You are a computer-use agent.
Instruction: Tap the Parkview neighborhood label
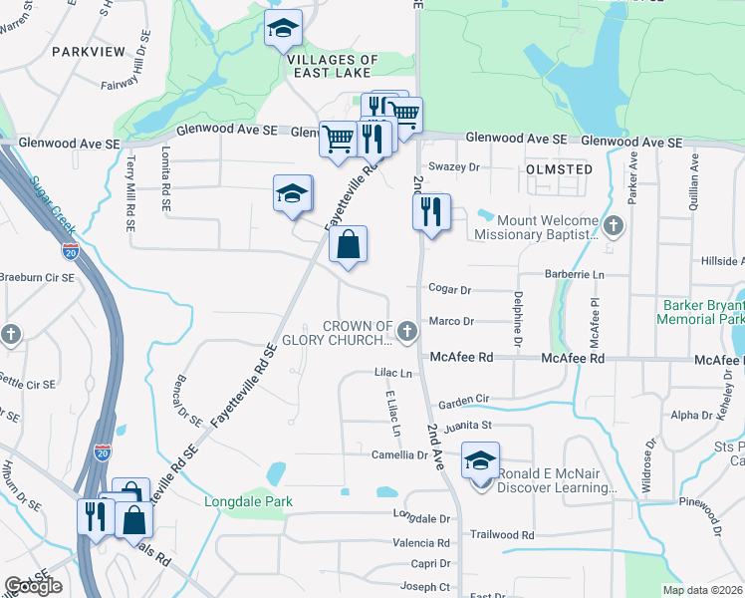(x=87, y=50)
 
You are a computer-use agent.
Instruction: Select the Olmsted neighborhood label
(x=558, y=169)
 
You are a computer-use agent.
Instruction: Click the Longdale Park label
(x=248, y=501)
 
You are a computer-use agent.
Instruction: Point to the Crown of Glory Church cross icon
(x=406, y=330)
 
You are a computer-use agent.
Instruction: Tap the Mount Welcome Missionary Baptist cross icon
(x=614, y=225)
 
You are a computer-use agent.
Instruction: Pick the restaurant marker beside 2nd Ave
(x=431, y=212)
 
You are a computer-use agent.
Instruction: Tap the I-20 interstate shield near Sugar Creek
(x=70, y=249)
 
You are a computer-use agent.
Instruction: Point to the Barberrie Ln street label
(x=575, y=273)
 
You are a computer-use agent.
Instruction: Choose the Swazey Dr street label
(x=453, y=167)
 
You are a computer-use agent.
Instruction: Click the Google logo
(x=33, y=586)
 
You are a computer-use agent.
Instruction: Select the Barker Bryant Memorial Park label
(x=701, y=312)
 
